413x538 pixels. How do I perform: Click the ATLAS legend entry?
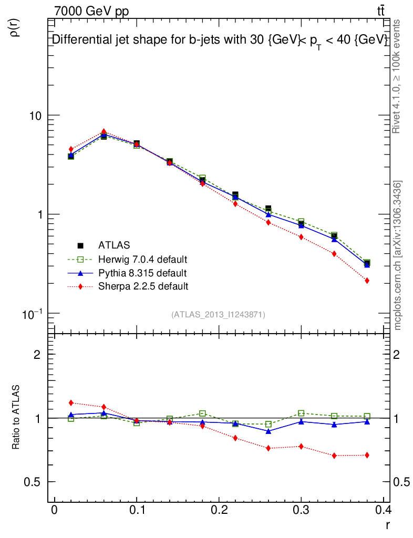pos(114,245)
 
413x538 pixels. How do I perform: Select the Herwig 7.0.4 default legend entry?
pos(142,259)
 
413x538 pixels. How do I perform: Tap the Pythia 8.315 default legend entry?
pos(142,273)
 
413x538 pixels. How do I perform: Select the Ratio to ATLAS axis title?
pos(16,418)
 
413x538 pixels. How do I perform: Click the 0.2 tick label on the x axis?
pos(219,511)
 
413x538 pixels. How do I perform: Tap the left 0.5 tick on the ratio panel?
pos(33,482)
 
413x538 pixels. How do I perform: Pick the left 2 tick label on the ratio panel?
pos(37,355)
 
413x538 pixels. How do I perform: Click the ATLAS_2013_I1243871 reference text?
pos(218,315)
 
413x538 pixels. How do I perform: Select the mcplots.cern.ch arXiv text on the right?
pos(398,255)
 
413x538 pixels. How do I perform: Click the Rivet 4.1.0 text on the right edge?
pos(398,76)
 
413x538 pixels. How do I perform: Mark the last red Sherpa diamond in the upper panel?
pos(367,281)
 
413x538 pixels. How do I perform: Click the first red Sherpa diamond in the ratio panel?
pos(71,403)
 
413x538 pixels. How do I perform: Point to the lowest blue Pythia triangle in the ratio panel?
pos(269,431)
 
